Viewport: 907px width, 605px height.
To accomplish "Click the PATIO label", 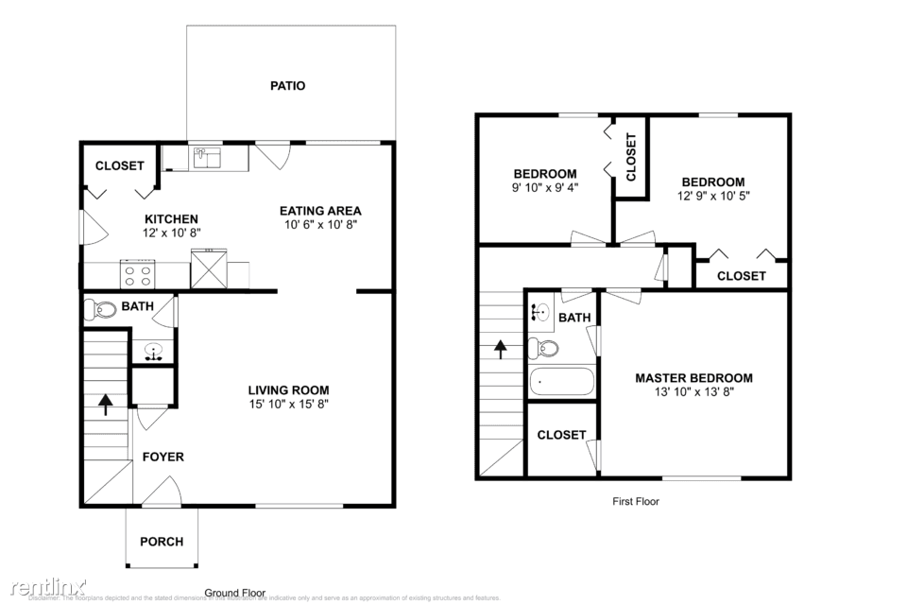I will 287,86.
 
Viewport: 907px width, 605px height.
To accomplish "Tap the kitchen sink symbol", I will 207,157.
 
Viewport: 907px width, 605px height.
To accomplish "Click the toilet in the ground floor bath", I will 99,308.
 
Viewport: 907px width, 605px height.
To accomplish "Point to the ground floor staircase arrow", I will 106,405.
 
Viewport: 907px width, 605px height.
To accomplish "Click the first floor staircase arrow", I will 500,348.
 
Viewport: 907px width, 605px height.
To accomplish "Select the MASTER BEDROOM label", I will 693,378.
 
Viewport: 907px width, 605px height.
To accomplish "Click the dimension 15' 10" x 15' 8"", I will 288,404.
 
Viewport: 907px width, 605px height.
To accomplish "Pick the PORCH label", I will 162,542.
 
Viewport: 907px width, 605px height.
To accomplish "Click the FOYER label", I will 163,457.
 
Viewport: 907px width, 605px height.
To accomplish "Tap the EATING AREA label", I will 319,211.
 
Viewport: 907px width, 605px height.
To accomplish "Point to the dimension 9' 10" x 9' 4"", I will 545,187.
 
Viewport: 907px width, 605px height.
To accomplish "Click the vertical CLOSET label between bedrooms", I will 631,157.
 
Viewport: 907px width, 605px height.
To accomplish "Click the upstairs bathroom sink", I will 540,313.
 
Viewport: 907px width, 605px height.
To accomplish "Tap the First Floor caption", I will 636,501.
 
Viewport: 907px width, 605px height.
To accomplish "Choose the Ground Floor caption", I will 235,593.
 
